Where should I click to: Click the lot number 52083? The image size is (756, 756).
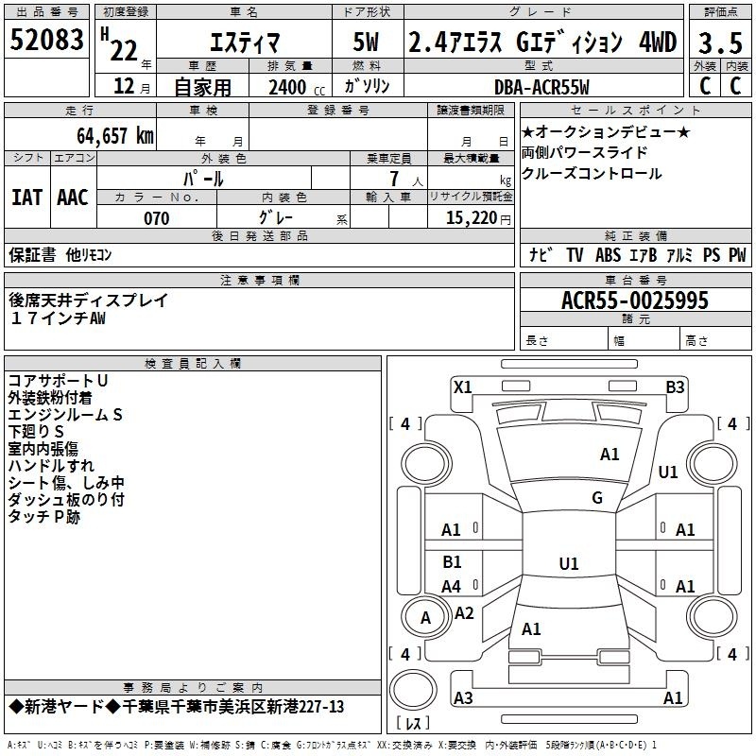pyautogui.click(x=46, y=40)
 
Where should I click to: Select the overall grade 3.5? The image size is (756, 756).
pyautogui.click(x=720, y=43)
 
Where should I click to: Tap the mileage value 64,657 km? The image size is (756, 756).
pyautogui.click(x=115, y=135)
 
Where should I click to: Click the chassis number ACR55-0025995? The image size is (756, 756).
pyautogui.click(x=635, y=301)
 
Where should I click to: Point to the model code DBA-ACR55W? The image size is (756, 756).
pyautogui.click(x=541, y=87)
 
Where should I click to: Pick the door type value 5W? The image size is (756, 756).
pyautogui.click(x=366, y=42)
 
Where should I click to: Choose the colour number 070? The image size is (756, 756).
pyautogui.click(x=157, y=218)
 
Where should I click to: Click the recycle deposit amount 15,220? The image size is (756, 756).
pyautogui.click(x=472, y=218)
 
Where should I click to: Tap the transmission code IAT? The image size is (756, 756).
pyautogui.click(x=26, y=198)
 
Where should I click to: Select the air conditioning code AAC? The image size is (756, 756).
pyautogui.click(x=73, y=198)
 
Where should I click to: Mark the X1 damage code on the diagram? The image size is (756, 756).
pyautogui.click(x=463, y=387)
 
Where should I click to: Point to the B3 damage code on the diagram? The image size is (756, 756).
pyautogui.click(x=675, y=387)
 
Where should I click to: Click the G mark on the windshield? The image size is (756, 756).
pyautogui.click(x=597, y=498)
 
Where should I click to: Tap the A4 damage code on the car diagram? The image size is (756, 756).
pyautogui.click(x=452, y=587)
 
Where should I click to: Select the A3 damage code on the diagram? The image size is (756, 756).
pyautogui.click(x=463, y=697)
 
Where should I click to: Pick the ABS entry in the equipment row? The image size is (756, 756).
pyautogui.click(x=608, y=255)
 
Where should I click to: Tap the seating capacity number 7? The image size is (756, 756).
pyautogui.click(x=395, y=179)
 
